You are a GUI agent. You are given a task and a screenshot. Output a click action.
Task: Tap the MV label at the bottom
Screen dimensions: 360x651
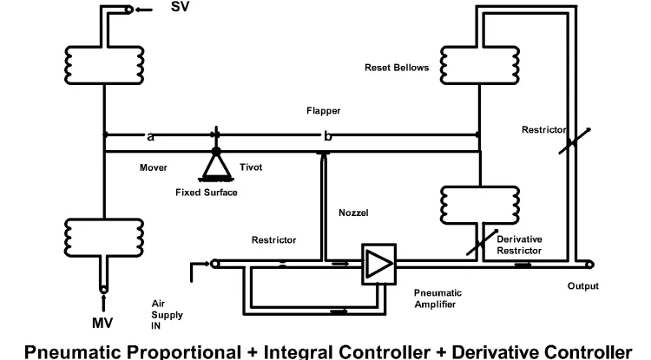[103, 324]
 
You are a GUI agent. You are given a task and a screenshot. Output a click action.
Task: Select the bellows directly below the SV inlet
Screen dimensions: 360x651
[103, 59]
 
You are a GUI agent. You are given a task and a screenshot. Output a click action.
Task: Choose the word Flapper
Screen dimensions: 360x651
[323, 111]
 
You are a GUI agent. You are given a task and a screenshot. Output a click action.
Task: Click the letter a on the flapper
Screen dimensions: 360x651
[151, 136]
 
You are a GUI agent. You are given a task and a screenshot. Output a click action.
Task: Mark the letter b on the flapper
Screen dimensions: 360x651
[327, 136]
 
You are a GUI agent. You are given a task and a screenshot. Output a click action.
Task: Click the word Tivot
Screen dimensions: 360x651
[252, 167]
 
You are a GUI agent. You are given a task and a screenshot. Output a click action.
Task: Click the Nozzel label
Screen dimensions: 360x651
[353, 212]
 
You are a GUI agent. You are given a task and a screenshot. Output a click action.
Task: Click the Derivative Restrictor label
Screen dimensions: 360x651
[519, 244]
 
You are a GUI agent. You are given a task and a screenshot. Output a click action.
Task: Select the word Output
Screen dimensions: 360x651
[582, 285]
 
